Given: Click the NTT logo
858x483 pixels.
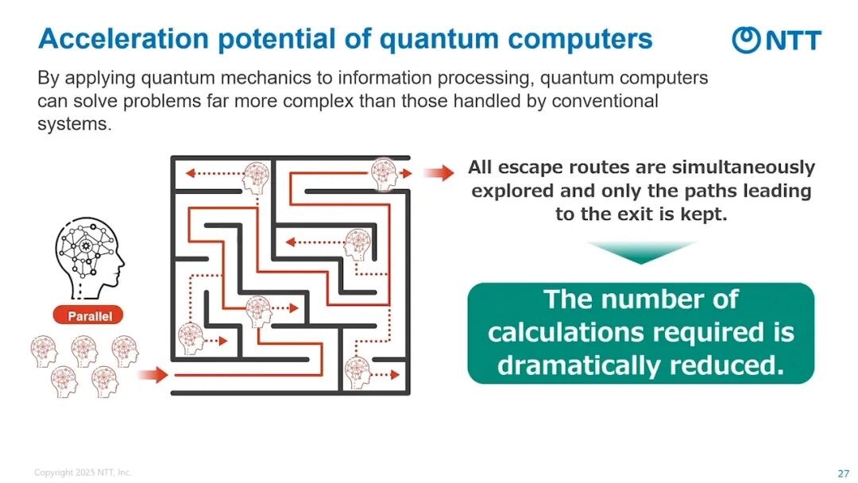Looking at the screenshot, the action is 776,40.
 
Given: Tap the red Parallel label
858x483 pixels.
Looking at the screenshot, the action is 90,316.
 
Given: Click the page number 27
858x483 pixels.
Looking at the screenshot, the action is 844,473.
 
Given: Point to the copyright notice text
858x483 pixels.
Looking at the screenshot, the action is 83,473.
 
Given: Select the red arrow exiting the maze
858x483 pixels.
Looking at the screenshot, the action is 439,173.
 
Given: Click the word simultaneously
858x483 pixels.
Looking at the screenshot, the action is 744,168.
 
